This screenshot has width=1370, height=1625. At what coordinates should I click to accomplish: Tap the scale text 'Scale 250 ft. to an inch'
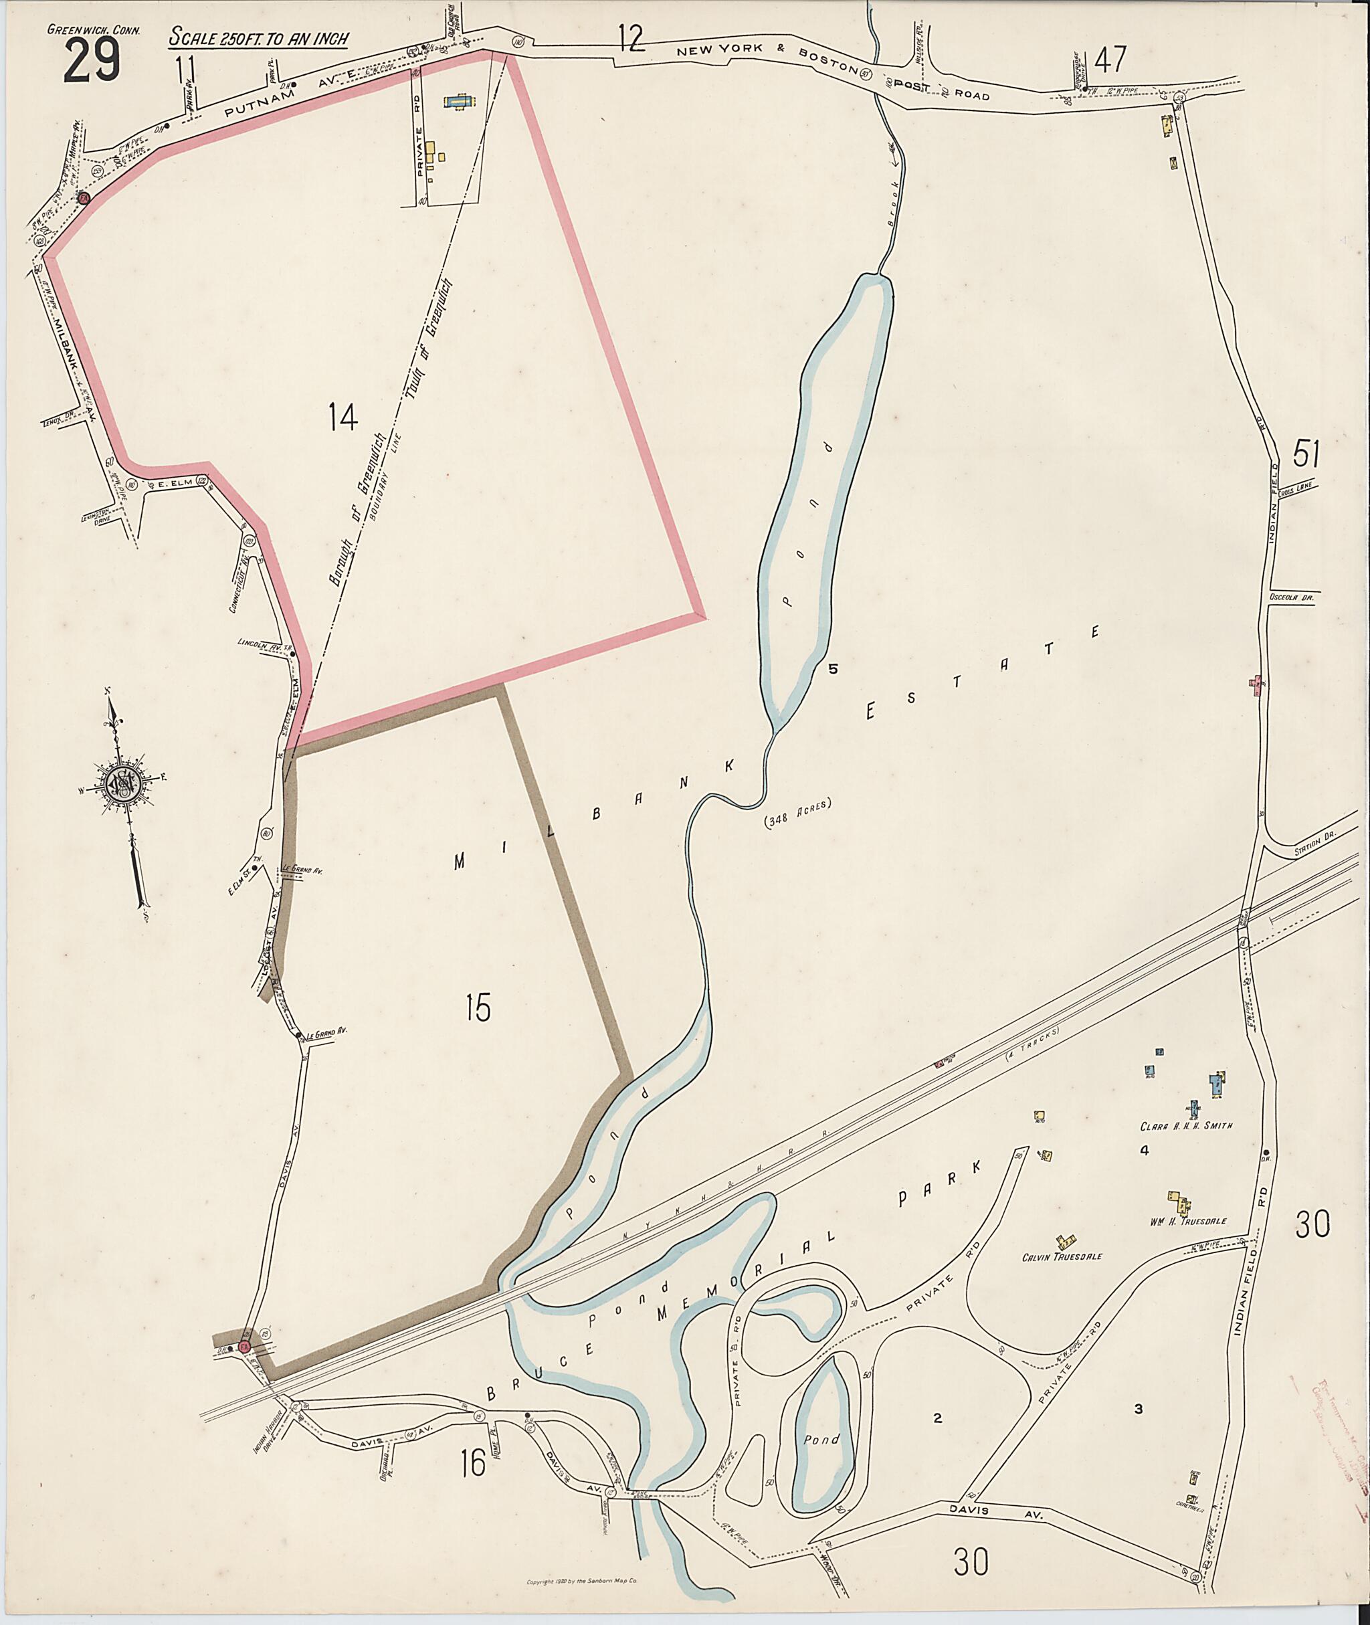coord(259,37)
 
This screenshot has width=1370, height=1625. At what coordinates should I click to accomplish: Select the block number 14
coord(342,417)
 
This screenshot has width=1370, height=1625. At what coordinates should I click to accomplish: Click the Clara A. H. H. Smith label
coord(1186,1125)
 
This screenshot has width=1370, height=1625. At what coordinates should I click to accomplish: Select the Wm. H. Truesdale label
coord(1187,1221)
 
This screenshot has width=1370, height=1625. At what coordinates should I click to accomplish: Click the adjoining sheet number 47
coord(1110,59)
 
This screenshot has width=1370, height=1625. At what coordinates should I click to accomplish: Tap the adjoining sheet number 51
coord(1306,454)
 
